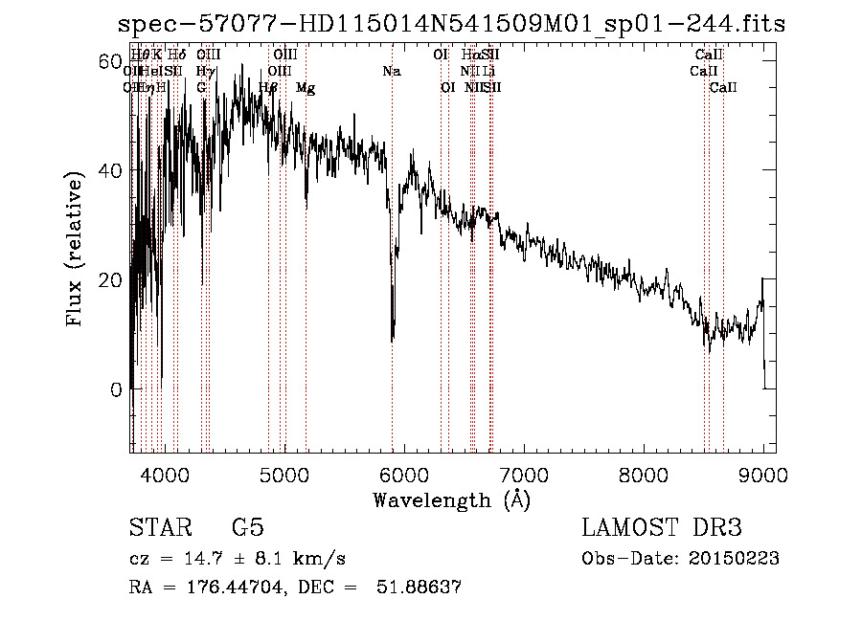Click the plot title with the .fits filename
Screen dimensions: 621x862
pos(448,24)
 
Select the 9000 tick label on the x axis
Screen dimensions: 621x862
pos(762,476)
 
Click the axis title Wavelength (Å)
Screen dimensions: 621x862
pos(452,499)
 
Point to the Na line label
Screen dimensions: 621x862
pos(391,71)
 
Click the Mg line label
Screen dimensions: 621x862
pos(305,88)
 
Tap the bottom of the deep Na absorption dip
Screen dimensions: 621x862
pos(392,337)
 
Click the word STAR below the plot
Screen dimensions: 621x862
pos(159,529)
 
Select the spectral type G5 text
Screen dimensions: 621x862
pos(248,529)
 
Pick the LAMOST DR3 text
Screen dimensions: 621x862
pos(662,529)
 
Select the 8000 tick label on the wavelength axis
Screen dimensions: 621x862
pos(643,476)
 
